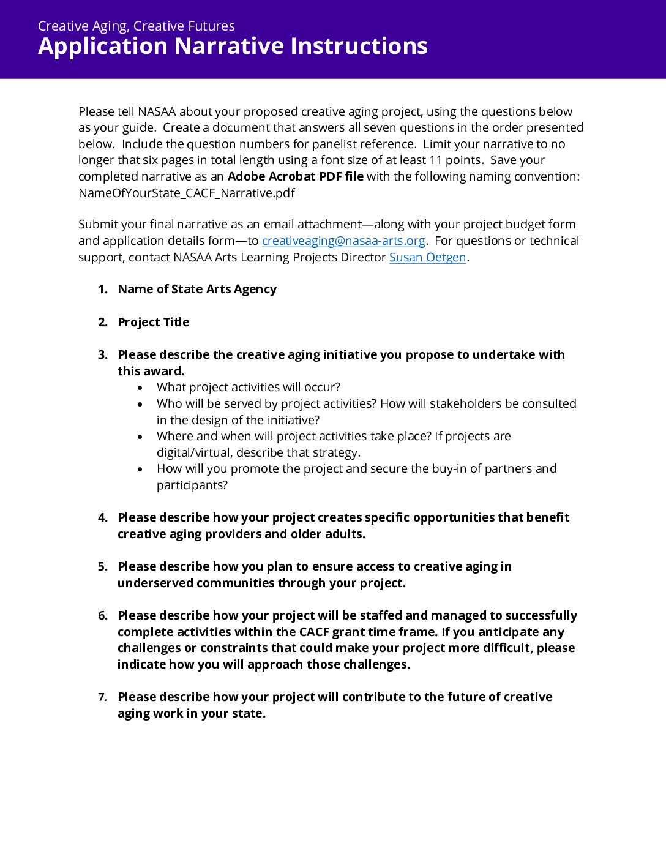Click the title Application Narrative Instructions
click(233, 47)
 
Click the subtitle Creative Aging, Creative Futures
click(136, 26)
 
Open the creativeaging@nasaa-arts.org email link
click(343, 241)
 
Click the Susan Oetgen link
click(427, 257)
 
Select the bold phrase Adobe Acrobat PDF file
click(295, 176)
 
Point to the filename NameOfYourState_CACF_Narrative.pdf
click(186, 193)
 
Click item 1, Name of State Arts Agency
click(196, 289)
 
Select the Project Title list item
click(153, 322)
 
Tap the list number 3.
click(102, 354)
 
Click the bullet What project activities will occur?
click(248, 387)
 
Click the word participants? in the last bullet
click(192, 485)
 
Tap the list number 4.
click(102, 517)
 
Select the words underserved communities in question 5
click(196, 583)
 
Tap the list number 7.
click(102, 697)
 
